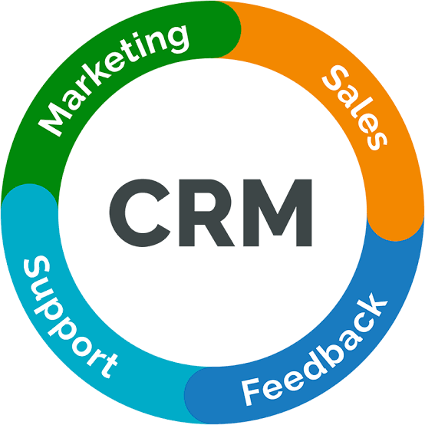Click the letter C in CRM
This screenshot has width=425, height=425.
pyautogui.click(x=140, y=212)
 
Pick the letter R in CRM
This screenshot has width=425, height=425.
pyautogui.click(x=206, y=212)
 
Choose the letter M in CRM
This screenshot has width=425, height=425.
pyautogui.click(x=278, y=212)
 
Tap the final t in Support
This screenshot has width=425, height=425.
pyautogui.click(x=108, y=367)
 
